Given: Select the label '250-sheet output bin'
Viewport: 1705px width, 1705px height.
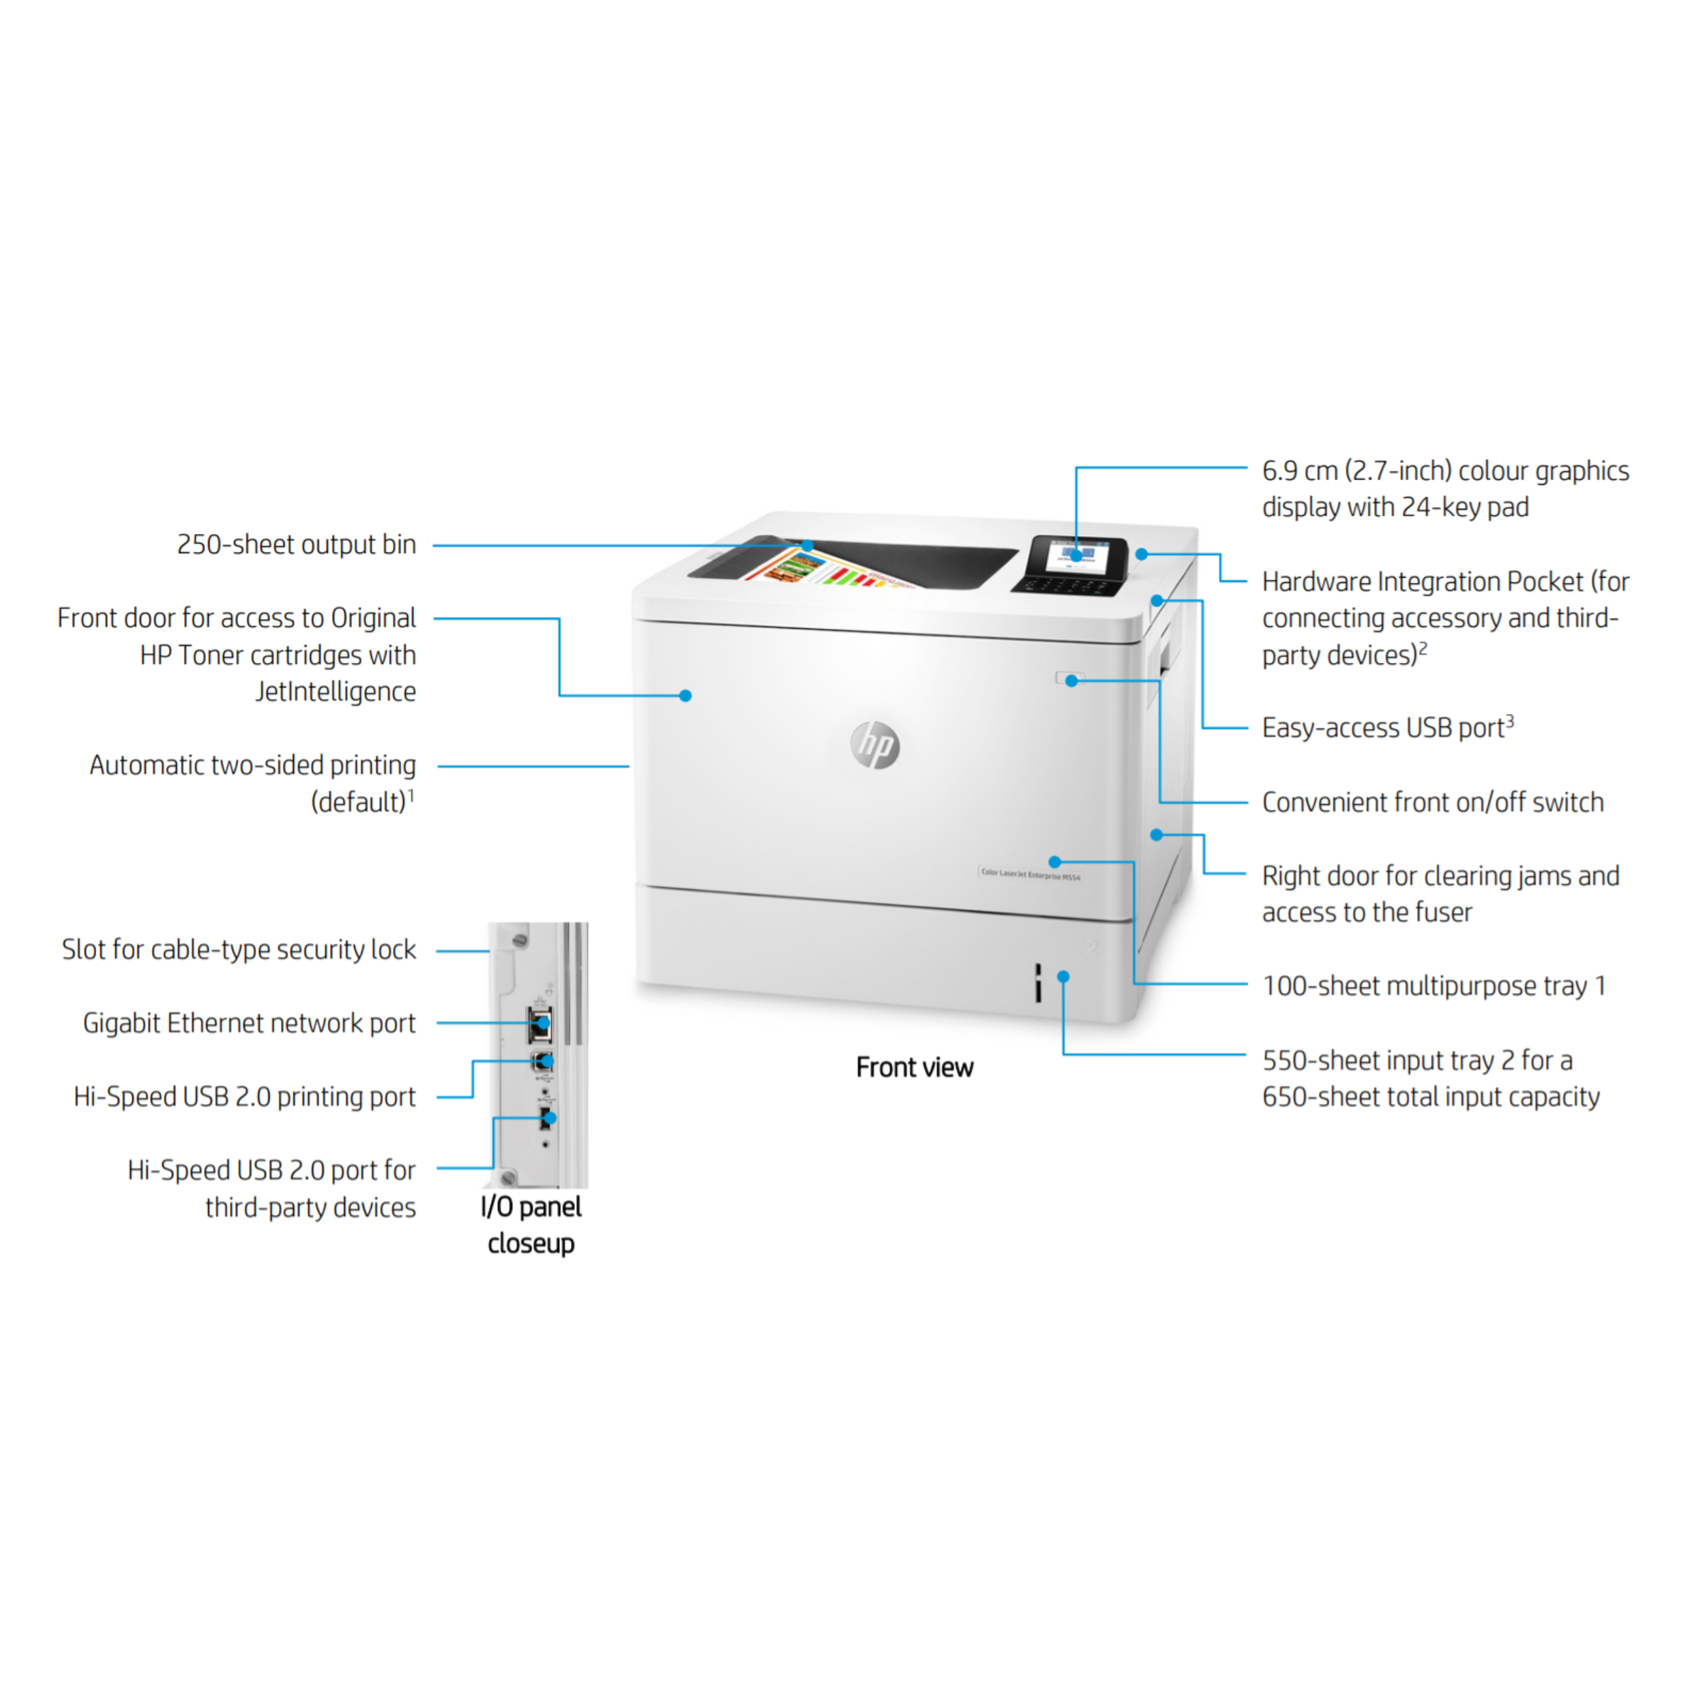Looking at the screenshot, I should coord(297,544).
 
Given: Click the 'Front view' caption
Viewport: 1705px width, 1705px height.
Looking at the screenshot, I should coord(915,1067).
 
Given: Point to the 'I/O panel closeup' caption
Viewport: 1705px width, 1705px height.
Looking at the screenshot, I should coord(531,1224).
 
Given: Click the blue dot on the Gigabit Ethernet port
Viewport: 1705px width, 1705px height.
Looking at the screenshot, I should coord(544,1023).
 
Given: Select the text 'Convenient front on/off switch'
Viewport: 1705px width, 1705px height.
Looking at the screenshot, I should coord(1432,801).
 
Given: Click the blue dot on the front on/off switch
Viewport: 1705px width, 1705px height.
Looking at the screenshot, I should coord(1071,681).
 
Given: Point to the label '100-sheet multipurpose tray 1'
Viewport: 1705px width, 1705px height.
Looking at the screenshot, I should coord(1433,985).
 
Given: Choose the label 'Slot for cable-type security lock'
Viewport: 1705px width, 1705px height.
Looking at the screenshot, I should coord(238,949).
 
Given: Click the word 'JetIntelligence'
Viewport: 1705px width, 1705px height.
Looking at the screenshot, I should coord(336,691).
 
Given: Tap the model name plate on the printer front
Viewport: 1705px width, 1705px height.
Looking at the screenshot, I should coord(1030,874).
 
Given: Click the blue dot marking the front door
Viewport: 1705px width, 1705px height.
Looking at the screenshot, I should coord(685,696).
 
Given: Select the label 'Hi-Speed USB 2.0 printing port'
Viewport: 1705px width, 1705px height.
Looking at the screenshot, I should coord(244,1096).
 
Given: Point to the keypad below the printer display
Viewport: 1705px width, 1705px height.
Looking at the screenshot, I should coord(1068,584).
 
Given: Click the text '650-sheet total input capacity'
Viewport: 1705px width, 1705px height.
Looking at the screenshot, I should coord(1429,1096).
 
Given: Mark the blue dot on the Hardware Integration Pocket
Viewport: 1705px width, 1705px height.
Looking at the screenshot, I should coord(1141,554).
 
